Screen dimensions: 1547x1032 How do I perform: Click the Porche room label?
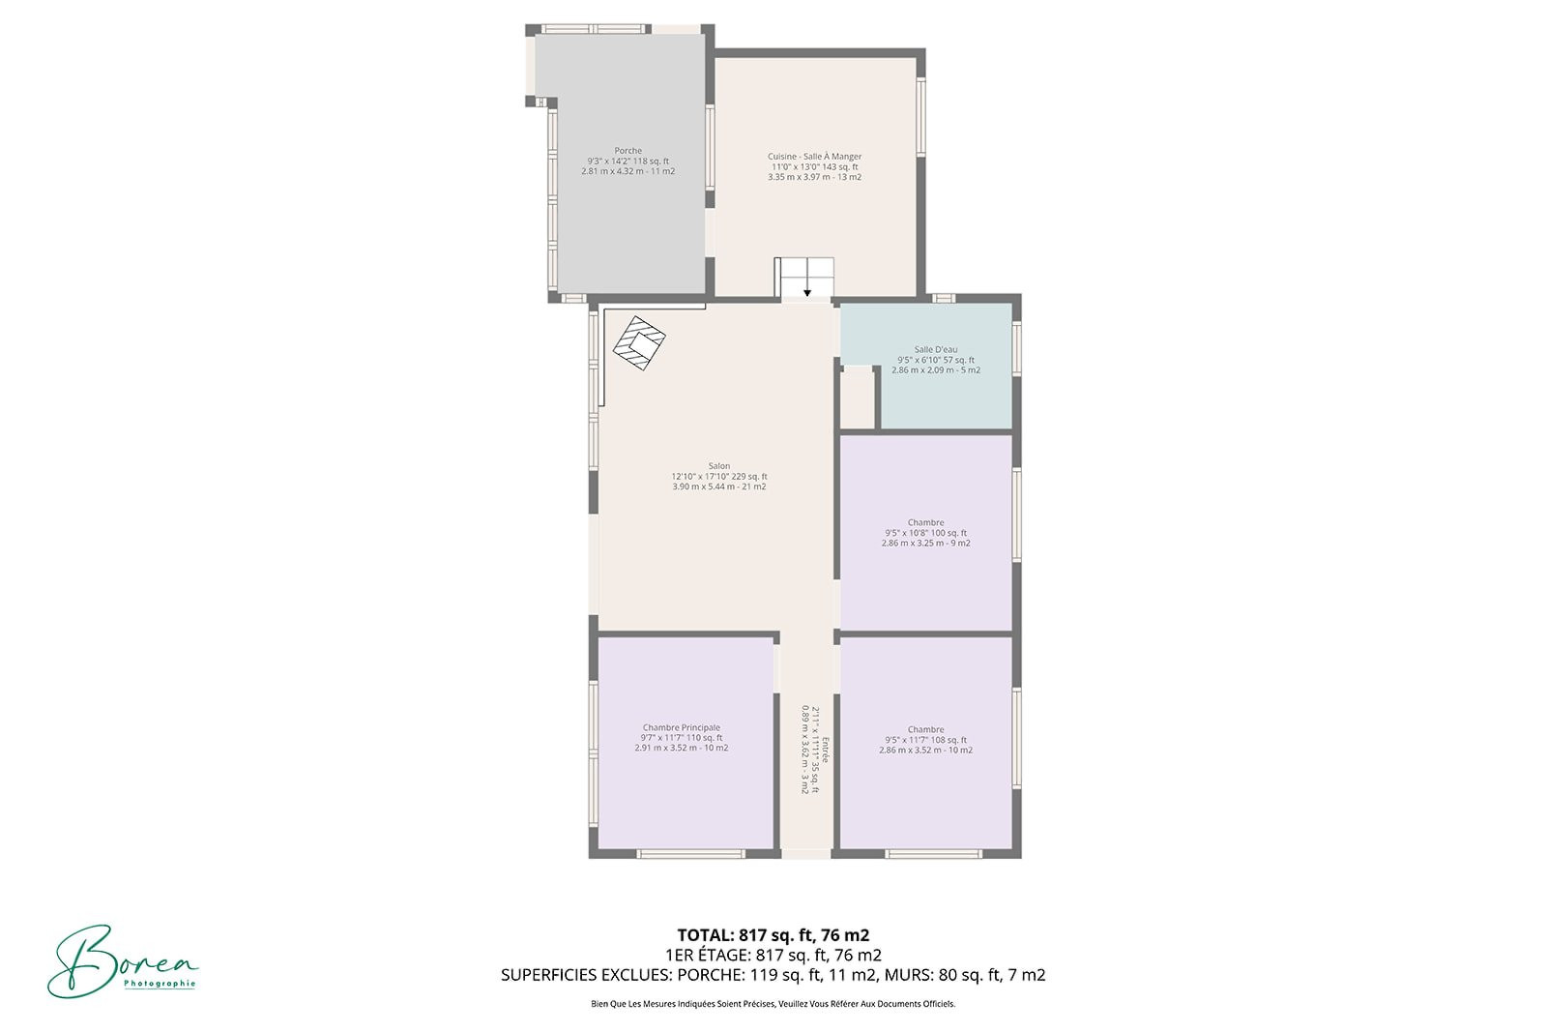coord(628,151)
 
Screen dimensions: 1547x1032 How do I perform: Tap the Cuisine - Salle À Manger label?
coord(814,157)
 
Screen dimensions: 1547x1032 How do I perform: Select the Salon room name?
coord(719,466)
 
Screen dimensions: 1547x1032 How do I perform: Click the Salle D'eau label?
coord(936,349)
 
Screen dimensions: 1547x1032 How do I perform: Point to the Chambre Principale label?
coord(681,727)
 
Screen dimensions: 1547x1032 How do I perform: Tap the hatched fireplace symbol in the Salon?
coord(639,342)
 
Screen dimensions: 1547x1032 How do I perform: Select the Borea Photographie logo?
coord(123,960)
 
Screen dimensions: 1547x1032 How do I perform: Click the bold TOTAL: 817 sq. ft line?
coord(773,935)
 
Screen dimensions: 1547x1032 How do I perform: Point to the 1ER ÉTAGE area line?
coord(773,956)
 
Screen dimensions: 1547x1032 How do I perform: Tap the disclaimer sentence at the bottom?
coord(773,1004)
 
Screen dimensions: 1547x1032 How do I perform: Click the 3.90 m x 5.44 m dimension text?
coord(719,487)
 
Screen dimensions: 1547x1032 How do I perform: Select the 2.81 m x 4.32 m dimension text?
coord(628,171)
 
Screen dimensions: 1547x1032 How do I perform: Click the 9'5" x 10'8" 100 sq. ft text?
coord(925,533)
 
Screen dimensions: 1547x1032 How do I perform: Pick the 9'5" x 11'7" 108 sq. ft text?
coord(925,740)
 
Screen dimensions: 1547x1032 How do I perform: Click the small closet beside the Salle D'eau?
coord(857,398)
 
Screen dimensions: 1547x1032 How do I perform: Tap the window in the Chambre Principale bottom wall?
coord(690,854)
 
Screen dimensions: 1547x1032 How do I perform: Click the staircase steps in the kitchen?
coord(806,278)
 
